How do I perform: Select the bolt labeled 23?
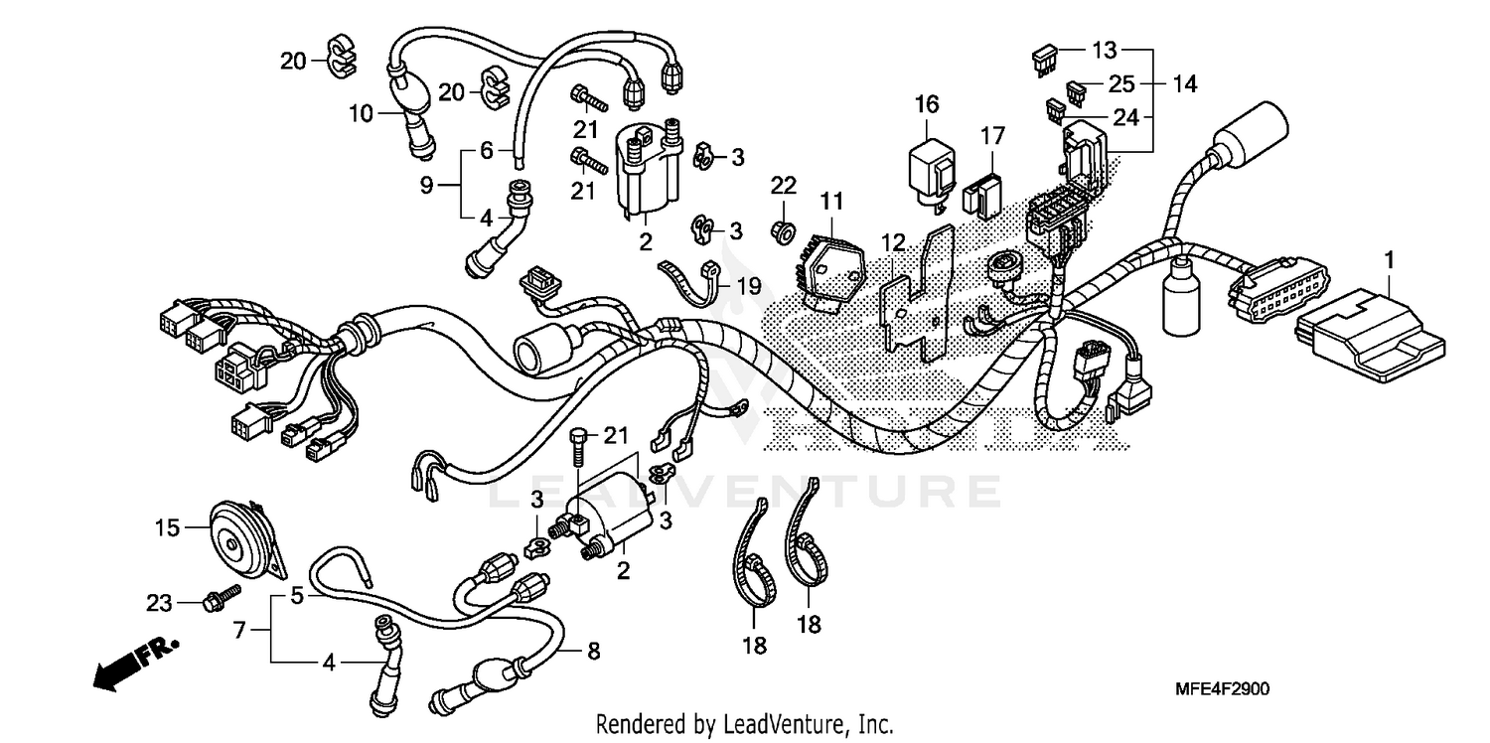[220, 600]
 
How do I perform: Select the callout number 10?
[361, 113]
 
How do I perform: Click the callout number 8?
[594, 653]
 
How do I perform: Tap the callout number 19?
[749, 287]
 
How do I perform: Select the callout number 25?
[1122, 84]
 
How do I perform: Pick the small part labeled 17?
[983, 195]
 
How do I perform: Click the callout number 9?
[426, 185]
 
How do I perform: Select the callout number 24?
[1124, 117]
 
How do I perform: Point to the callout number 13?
[1105, 50]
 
